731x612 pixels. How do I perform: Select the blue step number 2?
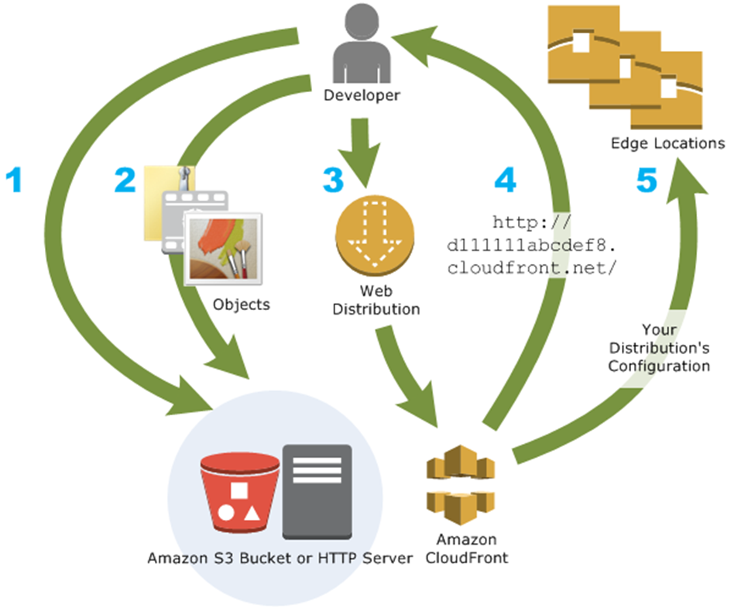pyautogui.click(x=125, y=179)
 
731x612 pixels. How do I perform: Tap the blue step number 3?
pyautogui.click(x=332, y=180)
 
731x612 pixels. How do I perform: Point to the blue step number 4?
pyautogui.click(x=504, y=180)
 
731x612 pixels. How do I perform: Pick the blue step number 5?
pyautogui.click(x=647, y=180)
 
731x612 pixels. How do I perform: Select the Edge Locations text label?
pyautogui.click(x=668, y=143)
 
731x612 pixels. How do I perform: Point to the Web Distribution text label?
pyautogui.click(x=376, y=301)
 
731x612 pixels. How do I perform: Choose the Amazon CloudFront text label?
pyautogui.click(x=462, y=548)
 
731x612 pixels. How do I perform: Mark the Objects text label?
pyautogui.click(x=241, y=304)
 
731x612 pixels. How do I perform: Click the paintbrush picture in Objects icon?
pyautogui.click(x=225, y=249)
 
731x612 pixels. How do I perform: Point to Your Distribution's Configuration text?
pyautogui.click(x=658, y=347)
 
